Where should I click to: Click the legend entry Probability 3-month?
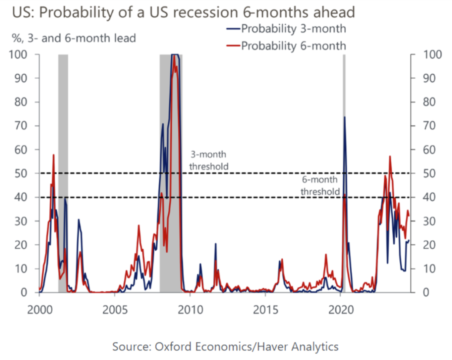pos(293,29)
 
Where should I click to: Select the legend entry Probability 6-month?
pos(293,45)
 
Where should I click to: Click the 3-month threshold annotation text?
pos(208,160)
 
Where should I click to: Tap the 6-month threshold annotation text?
pos(320,185)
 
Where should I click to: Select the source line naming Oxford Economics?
pos(225,346)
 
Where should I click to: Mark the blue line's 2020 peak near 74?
pos(344,117)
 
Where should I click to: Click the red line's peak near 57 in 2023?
pos(390,156)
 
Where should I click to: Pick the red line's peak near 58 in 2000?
pos(53,155)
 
